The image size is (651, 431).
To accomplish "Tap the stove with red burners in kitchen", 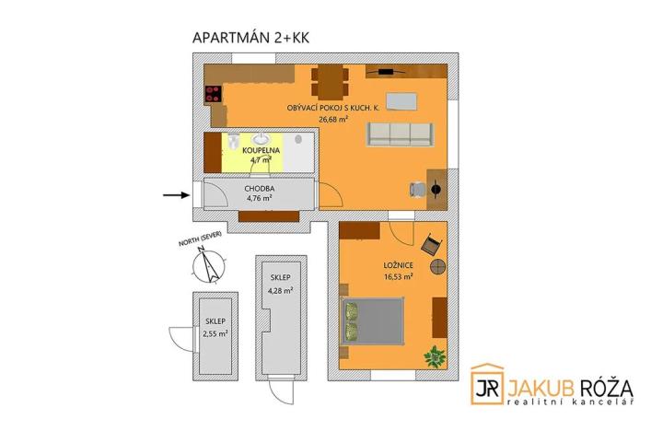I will point(213,93).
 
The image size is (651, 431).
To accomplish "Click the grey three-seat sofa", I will point(399,134).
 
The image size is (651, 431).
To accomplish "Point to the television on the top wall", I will point(382,70).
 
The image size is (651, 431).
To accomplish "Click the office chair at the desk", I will point(415,189).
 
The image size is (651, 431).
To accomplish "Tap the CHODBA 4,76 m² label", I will point(259,192).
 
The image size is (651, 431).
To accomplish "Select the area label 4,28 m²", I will point(280,290).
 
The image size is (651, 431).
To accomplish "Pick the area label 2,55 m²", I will point(215,333).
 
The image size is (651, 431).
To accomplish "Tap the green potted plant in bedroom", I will point(434,354).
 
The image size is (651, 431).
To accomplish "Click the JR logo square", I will point(487,382).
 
